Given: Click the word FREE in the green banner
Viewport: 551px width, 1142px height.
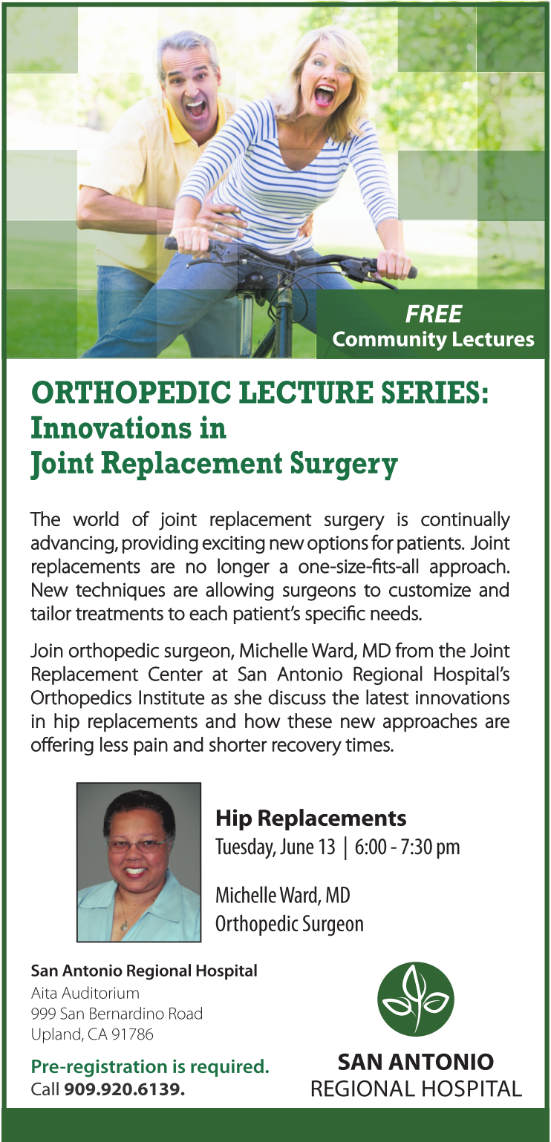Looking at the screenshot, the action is [x=434, y=314].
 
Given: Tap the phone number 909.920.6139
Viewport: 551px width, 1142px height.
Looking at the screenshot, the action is [x=124, y=1089].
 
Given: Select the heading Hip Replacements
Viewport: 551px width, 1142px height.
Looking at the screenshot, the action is [x=310, y=818].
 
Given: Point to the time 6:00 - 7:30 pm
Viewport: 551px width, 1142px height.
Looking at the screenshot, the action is [x=407, y=847].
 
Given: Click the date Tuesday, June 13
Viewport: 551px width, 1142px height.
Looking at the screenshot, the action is [x=275, y=847].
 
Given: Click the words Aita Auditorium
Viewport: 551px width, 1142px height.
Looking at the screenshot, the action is [x=85, y=993].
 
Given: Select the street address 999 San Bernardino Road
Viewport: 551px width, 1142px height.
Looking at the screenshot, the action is [x=117, y=1014].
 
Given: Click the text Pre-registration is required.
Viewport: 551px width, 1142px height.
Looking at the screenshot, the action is [x=150, y=1066].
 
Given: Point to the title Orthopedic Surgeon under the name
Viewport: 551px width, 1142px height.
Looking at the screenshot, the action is [x=290, y=924].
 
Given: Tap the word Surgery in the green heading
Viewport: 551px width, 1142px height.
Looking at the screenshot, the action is [x=344, y=464].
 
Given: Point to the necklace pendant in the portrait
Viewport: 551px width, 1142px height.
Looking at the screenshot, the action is [x=124, y=925].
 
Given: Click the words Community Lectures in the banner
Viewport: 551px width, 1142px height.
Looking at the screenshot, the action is [x=433, y=340].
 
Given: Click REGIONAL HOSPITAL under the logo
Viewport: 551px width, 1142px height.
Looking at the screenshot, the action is [x=417, y=1089].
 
